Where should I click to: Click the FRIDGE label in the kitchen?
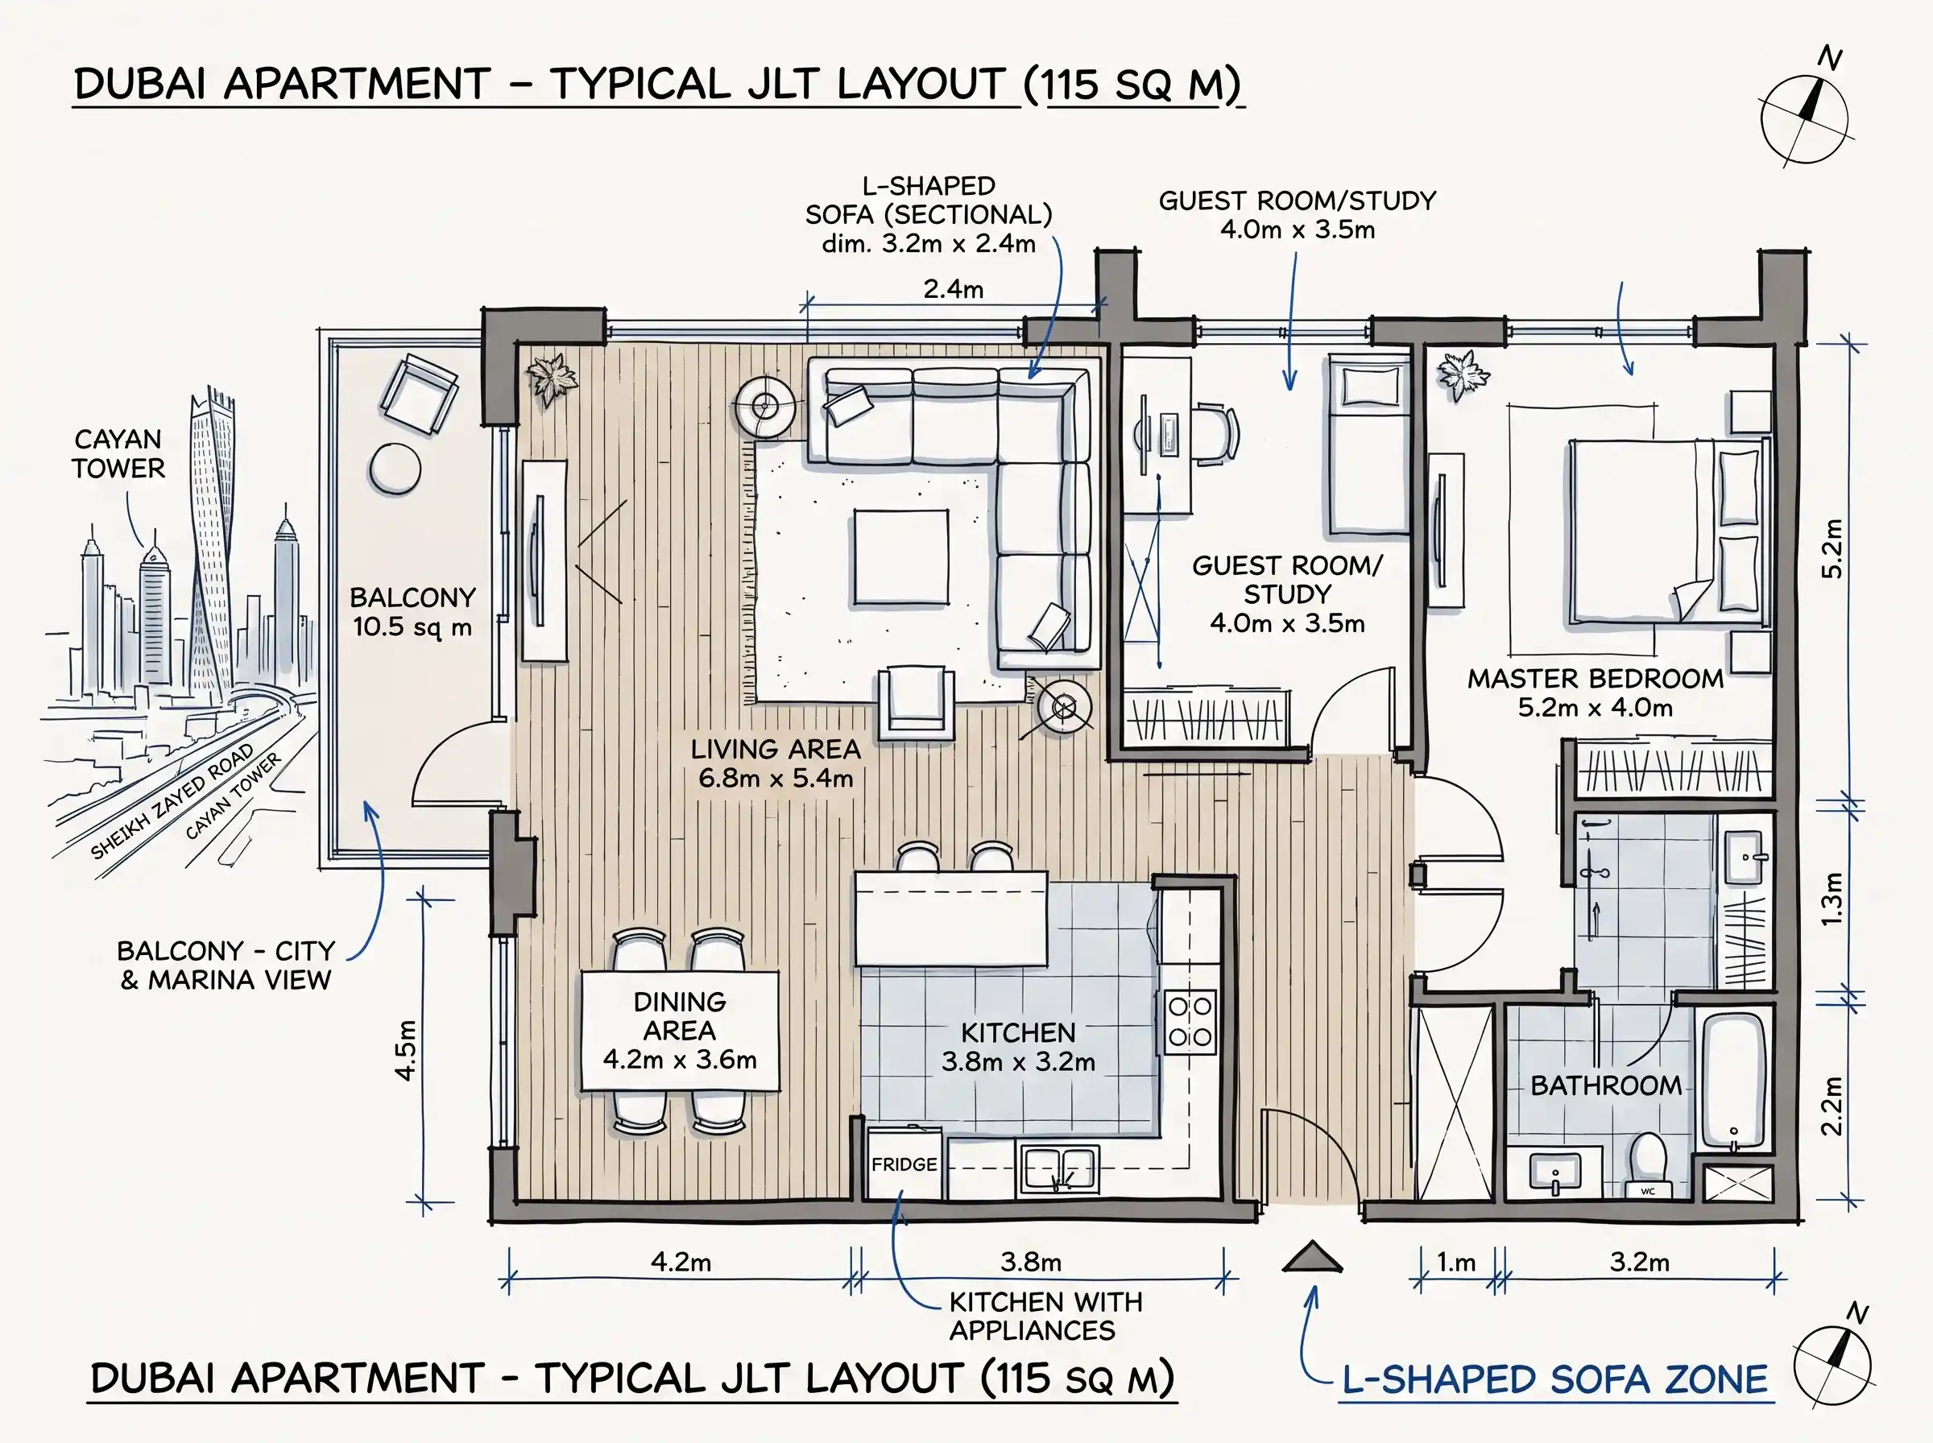(x=904, y=1164)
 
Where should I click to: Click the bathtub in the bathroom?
(x=1734, y=1082)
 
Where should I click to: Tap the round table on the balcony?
(x=395, y=469)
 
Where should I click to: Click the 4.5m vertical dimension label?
(x=405, y=1049)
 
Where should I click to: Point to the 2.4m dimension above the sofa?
(x=953, y=289)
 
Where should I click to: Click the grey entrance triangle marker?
(x=1312, y=1257)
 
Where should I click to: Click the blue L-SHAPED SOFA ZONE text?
(x=1554, y=1379)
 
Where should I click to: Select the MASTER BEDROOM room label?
(x=1595, y=678)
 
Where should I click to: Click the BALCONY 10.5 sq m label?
(x=412, y=611)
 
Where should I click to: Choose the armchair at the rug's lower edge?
(x=914, y=702)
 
